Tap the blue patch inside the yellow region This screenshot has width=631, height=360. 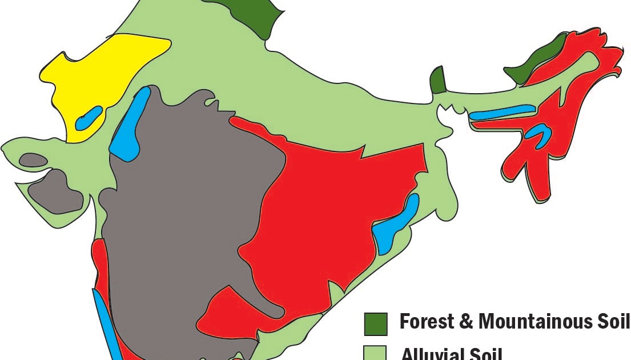click(90, 118)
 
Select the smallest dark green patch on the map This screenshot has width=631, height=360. click(437, 81)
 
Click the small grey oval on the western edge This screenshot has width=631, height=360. click(33, 160)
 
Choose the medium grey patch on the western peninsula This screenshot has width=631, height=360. click(57, 191)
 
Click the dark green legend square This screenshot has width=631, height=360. click(376, 323)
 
